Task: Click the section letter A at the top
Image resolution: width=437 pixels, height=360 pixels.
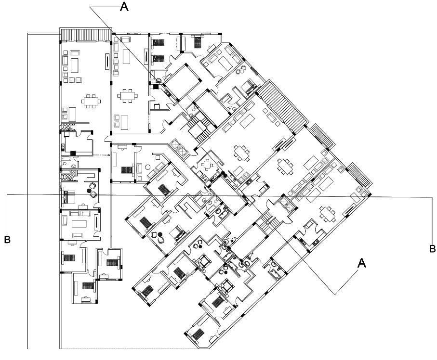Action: pos(124,8)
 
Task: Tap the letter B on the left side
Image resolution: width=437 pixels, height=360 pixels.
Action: pos(7,239)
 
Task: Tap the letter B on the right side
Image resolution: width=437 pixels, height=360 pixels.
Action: pos(433,248)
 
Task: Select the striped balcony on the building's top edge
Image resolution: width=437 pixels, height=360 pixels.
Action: pos(85,35)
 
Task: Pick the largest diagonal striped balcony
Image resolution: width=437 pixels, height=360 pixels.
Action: pos(283,106)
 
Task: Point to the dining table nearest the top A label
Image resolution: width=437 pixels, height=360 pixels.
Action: pos(128,95)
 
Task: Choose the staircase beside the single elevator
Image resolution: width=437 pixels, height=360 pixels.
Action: pos(269,222)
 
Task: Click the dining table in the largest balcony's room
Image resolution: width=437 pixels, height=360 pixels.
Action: pos(242,153)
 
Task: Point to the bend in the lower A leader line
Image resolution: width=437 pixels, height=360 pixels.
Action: pos(336,293)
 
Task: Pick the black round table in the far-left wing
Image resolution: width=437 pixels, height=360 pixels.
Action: pos(89,191)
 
